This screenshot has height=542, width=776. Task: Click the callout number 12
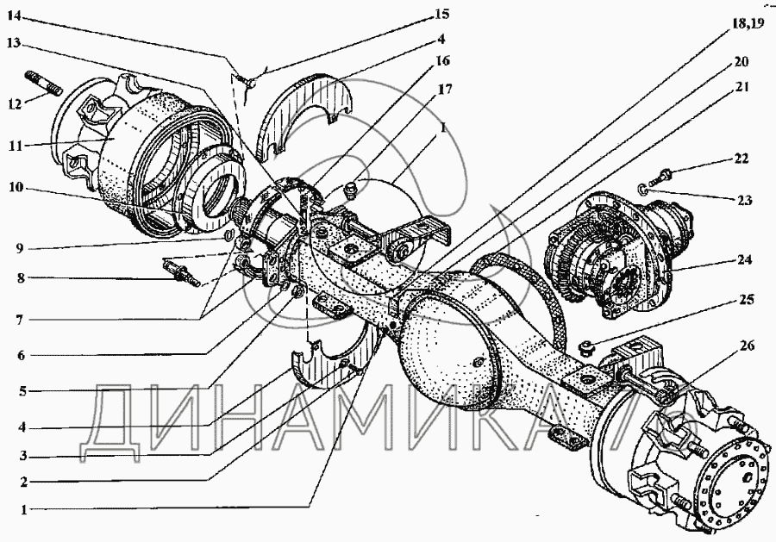coord(16,104)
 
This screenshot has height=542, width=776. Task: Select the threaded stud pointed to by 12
coord(42,82)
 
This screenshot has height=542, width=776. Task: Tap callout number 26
coord(747,346)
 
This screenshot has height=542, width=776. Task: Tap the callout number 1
coord(23,509)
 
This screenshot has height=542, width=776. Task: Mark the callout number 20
coord(741,61)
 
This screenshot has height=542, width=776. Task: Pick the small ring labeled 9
coord(228,234)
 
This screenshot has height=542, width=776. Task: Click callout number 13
coord(13,43)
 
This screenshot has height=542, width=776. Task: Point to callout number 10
coord(16,188)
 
